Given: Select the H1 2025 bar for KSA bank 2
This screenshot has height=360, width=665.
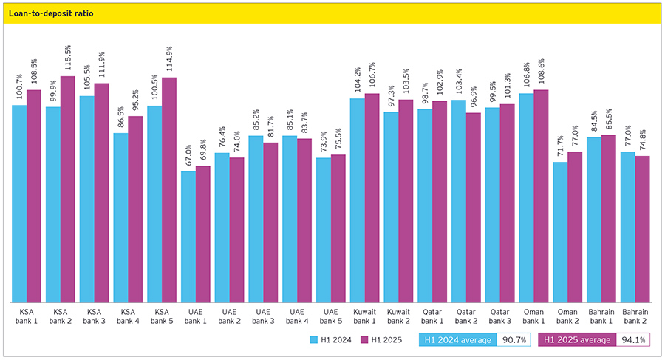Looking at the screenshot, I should [68, 189].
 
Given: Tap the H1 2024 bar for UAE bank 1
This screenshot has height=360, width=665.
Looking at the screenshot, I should [188, 237].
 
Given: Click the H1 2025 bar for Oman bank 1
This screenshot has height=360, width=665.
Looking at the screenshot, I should [541, 196].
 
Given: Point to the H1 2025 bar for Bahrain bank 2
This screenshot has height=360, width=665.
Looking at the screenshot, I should [643, 229].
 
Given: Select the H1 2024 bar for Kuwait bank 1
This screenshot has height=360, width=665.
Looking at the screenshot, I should [358, 200].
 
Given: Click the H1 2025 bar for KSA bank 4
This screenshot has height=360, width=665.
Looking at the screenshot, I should [135, 209].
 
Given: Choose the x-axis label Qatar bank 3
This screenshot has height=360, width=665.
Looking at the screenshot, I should [499, 316].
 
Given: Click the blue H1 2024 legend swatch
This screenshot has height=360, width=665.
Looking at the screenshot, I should [313, 340].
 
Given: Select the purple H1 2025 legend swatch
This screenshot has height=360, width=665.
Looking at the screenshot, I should [364, 340].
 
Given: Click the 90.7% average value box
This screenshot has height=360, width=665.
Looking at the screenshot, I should [514, 340].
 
